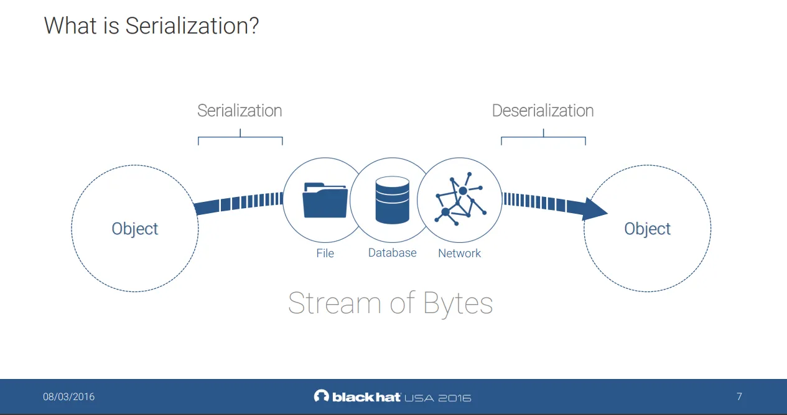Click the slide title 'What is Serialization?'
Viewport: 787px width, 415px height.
(151, 26)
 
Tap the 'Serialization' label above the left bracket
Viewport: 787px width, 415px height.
(240, 111)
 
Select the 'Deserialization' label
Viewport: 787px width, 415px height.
(543, 111)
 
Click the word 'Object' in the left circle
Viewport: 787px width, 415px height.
(135, 229)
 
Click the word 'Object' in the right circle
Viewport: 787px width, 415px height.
(647, 229)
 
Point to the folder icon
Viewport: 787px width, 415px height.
(325, 199)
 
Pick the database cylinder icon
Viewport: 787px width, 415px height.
(392, 200)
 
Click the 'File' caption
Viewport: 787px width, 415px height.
(325, 253)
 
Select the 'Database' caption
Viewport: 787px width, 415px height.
(392, 253)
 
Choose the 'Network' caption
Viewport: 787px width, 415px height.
(459, 253)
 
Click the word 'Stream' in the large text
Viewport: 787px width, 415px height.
(334, 303)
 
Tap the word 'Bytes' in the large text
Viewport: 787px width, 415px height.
(458, 303)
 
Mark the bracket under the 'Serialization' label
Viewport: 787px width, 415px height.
(240, 137)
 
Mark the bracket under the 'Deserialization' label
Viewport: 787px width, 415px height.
(543, 137)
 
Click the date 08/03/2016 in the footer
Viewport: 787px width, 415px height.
(68, 396)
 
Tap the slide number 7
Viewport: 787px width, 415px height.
(739, 396)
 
